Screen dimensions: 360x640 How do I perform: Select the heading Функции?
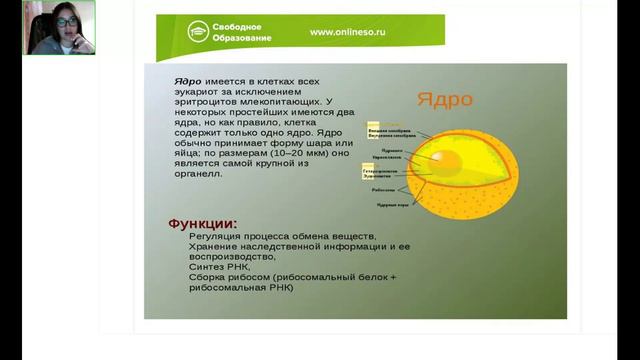tap(203, 221)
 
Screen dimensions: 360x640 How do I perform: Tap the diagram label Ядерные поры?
tap(389, 204)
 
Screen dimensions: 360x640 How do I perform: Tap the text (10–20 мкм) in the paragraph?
tap(283, 154)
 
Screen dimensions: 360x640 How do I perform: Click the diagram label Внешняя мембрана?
tap(385, 130)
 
